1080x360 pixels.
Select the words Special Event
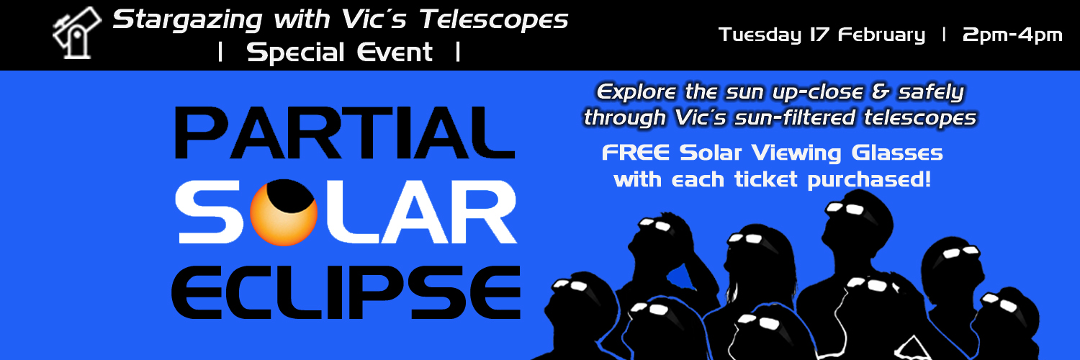click(340, 53)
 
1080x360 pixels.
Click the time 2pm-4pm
click(1012, 35)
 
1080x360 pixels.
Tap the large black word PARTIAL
click(344, 134)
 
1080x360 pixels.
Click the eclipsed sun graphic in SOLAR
click(284, 212)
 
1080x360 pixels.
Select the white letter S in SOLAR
click(214, 214)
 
